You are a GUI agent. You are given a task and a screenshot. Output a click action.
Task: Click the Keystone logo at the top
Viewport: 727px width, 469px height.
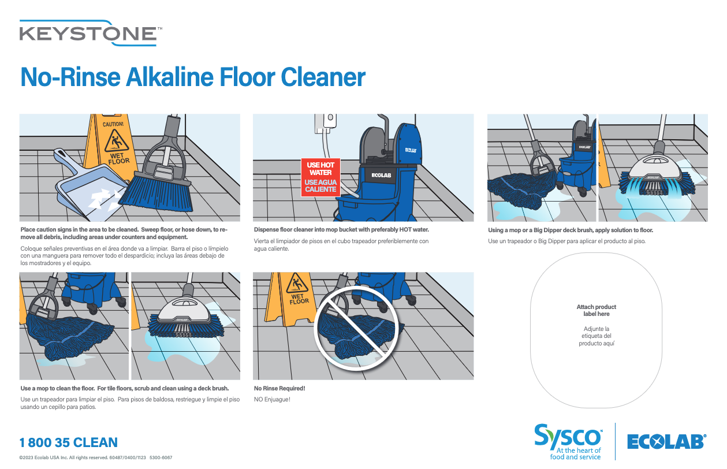pos(88,33)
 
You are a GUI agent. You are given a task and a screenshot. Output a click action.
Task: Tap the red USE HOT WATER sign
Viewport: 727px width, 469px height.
pos(320,177)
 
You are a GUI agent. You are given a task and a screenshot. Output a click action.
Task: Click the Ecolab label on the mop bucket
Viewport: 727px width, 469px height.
pos(381,176)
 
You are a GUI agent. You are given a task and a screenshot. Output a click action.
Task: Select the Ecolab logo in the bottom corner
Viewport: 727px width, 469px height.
pos(666,442)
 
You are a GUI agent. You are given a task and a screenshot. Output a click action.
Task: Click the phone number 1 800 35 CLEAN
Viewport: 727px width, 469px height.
pos(68,443)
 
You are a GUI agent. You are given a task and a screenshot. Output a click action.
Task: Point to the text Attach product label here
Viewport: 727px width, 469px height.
pos(596,310)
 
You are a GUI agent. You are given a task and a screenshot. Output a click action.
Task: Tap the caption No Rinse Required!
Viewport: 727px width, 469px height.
pos(279,388)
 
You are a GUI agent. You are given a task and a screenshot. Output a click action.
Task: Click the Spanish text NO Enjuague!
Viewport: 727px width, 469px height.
pos(272,399)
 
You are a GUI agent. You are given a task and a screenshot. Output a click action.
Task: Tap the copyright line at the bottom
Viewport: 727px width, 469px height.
pos(95,457)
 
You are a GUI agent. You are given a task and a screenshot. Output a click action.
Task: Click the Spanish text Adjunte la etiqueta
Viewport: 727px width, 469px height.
pos(596,336)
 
